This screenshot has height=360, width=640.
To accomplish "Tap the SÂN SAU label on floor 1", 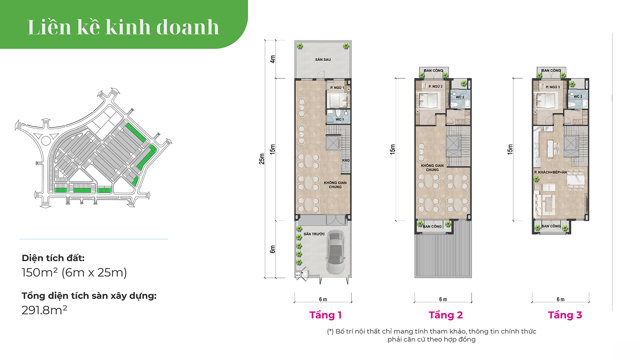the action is (323, 60).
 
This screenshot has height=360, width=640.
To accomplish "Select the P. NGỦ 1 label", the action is (337, 88).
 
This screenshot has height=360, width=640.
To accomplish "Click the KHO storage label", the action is (346, 160).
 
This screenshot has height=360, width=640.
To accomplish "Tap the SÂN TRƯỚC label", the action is (314, 234).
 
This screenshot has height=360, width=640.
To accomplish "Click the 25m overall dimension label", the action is (262, 159).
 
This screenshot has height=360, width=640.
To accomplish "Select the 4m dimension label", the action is (273, 59).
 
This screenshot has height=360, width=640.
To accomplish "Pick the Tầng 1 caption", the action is (325, 315).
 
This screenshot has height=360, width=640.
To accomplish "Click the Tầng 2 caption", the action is (446, 315).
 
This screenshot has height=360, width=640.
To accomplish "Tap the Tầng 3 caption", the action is (565, 315).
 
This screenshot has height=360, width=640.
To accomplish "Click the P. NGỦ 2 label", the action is (436, 86).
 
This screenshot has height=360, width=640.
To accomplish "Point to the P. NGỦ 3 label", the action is (553, 87).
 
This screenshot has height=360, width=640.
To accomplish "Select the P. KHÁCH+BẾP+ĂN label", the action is (550, 172).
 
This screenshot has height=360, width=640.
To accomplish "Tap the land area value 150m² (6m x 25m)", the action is (74, 273).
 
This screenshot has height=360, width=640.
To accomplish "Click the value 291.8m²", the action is (44, 310).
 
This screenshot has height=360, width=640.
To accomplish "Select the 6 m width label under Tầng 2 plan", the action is (443, 299).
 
